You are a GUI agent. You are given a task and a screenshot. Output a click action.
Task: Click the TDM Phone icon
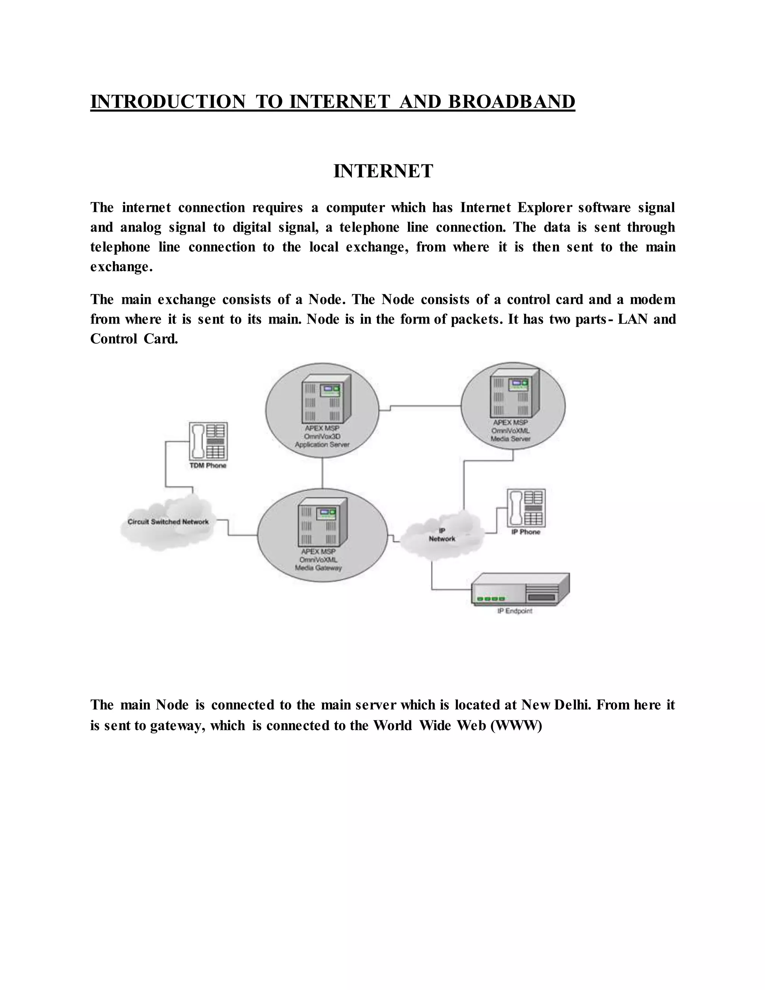coord(208,441)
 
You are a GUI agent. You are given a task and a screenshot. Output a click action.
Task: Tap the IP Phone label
coord(526,532)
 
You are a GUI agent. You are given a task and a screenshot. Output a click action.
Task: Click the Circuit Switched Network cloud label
coord(168,522)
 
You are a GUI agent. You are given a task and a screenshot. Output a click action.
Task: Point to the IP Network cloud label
coord(442,535)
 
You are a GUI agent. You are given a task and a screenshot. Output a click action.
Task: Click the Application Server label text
coord(322,445)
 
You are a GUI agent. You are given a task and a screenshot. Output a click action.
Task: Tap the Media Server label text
coord(510,439)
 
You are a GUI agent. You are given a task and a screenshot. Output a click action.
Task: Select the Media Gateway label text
coord(318,568)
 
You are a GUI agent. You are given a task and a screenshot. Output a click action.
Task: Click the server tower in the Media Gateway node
coord(322,523)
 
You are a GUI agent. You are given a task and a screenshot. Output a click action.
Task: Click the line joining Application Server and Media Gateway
coord(322,473)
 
